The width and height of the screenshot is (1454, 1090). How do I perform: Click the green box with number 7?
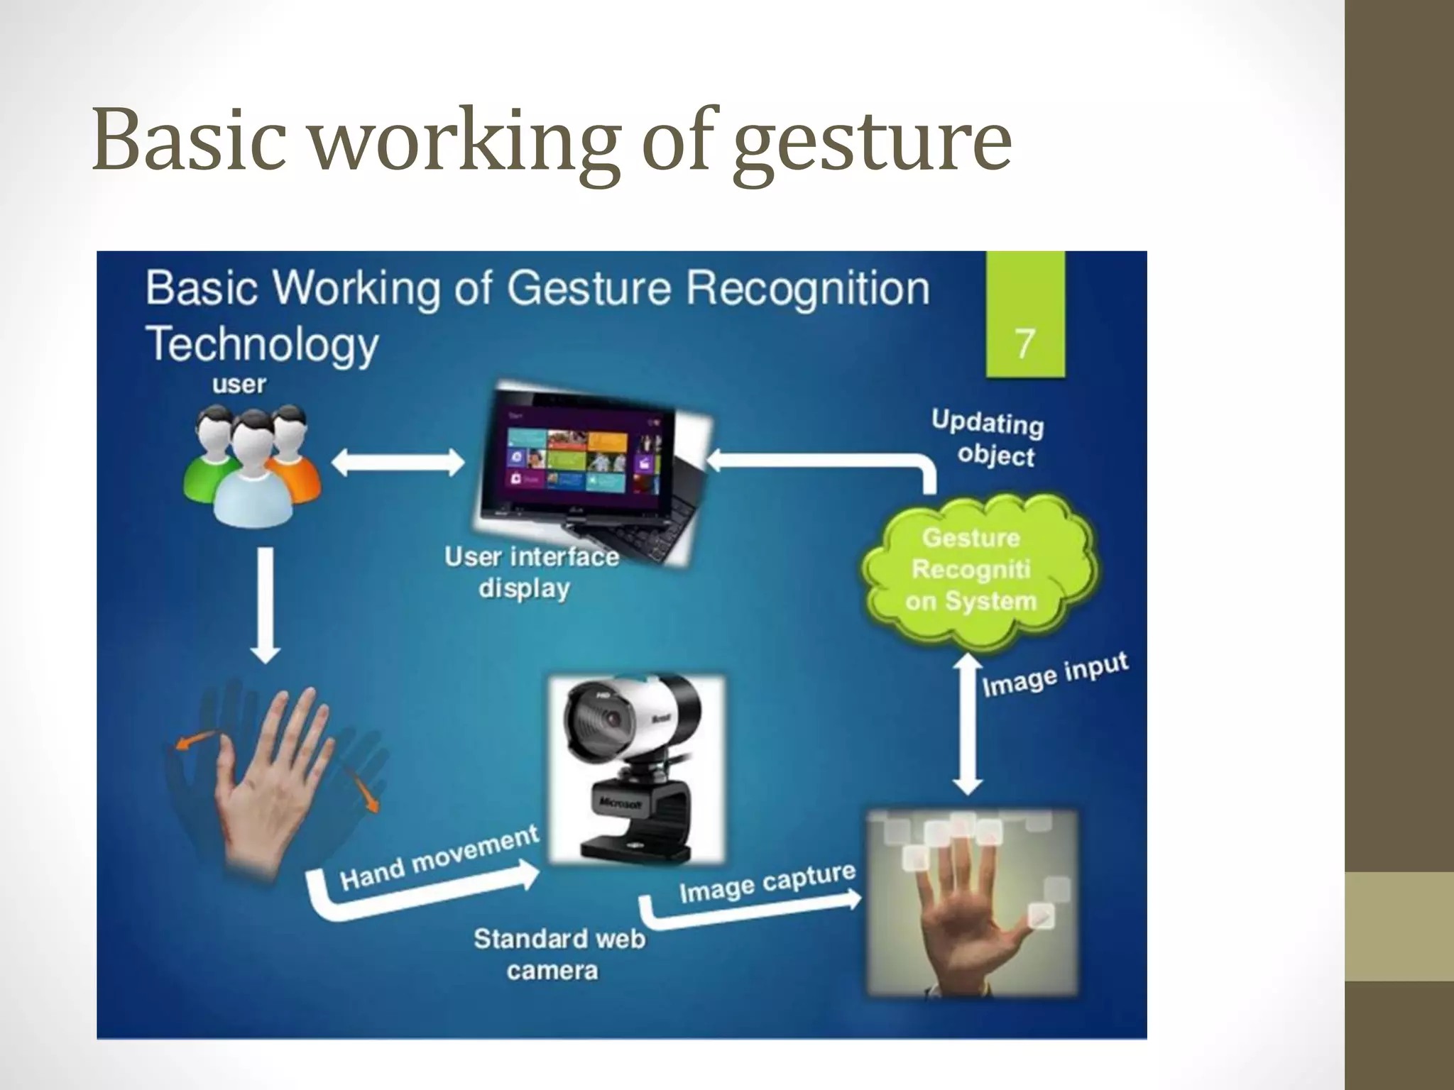tap(1024, 314)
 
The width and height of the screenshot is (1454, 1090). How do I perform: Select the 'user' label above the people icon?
tap(239, 385)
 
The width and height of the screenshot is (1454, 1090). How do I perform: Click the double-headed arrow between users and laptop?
tap(398, 464)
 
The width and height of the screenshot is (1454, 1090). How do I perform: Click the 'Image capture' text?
tap(767, 883)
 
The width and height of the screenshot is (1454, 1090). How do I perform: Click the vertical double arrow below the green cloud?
tap(968, 724)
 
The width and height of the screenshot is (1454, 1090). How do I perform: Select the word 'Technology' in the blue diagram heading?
tap(262, 343)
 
